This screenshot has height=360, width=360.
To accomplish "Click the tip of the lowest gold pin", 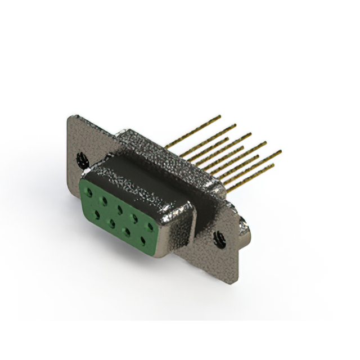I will [x=273, y=165].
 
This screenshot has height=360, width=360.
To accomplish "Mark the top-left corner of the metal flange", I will [x=69, y=116].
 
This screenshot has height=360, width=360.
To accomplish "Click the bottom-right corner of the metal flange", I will [x=237, y=280].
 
